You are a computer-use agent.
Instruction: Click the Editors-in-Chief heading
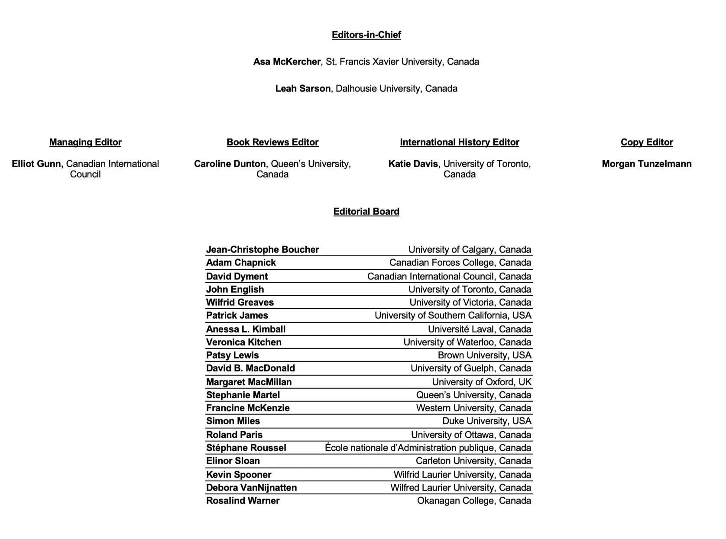coord(366,35)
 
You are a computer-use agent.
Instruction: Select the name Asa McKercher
coord(287,61)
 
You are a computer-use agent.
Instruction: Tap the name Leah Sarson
coord(303,88)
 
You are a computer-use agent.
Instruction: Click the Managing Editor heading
coord(85,142)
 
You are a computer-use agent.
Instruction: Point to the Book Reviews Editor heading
coord(272,142)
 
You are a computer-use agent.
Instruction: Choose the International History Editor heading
coord(459,142)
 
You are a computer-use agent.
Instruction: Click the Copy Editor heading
coord(647,142)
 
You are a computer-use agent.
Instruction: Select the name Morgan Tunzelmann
coord(647,164)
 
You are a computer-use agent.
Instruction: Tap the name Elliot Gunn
coord(38,164)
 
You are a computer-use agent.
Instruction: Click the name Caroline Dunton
coord(230,164)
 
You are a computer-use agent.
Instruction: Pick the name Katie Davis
coord(413,164)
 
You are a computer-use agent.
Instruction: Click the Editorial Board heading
coord(366,211)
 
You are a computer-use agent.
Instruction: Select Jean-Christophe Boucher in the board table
coord(263,249)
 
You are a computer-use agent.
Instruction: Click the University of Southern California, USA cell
coord(453,315)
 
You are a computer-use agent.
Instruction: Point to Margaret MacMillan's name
coord(249,382)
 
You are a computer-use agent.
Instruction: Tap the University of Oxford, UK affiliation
coord(481,382)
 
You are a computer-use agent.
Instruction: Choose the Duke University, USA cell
coord(486,421)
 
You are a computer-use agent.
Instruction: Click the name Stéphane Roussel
coord(246,448)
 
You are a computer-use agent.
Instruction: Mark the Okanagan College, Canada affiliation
coord(474,500)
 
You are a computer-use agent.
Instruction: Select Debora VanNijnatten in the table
coord(251,487)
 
